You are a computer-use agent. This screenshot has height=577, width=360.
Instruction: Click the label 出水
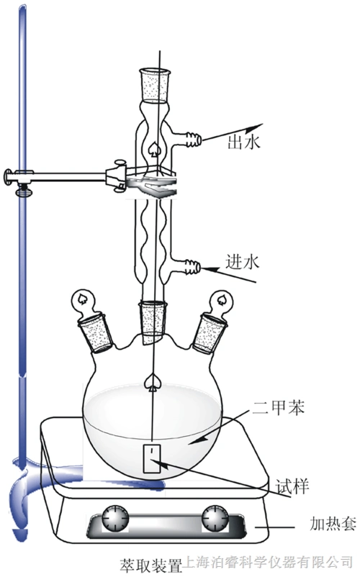244,142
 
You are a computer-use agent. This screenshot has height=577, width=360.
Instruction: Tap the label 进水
243,262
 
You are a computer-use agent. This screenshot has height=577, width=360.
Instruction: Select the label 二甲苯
279,408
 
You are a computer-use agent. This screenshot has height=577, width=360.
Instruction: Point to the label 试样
292,486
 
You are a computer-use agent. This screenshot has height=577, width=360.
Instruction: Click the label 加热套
333,524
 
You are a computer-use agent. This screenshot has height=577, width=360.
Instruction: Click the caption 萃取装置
151,567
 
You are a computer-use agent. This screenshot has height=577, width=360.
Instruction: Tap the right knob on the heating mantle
215,519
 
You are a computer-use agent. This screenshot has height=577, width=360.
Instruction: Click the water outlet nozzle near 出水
194,140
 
